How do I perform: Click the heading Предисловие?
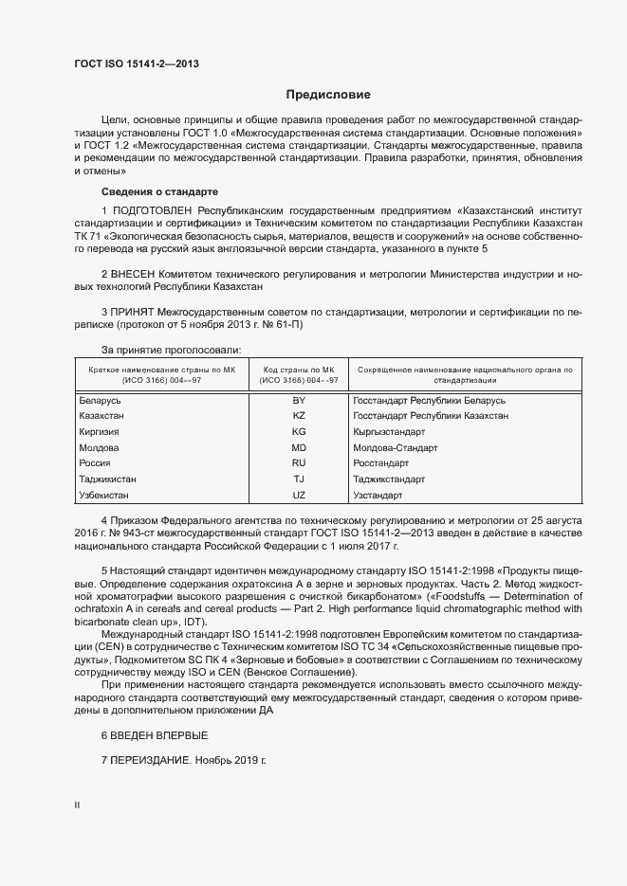click(x=328, y=95)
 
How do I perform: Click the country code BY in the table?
click(x=299, y=402)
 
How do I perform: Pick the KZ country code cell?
click(x=299, y=417)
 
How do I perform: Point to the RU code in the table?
click(x=299, y=463)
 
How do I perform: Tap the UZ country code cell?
click(x=299, y=495)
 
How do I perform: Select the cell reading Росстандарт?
click(x=380, y=463)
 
